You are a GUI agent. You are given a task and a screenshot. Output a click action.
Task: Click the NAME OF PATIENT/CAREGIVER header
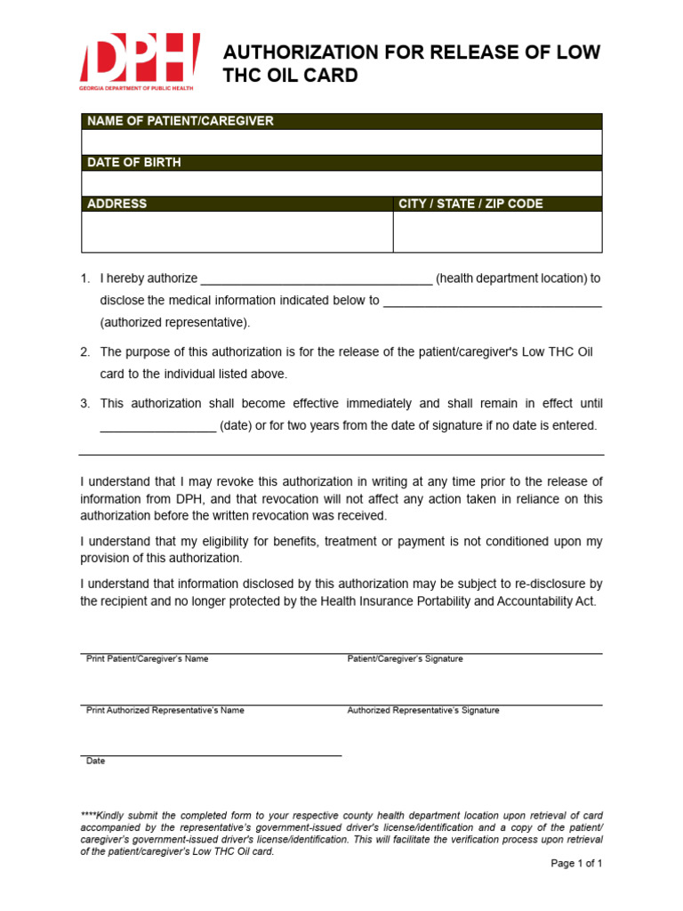tap(181, 121)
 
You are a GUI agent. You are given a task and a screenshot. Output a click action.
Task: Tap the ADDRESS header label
tap(117, 204)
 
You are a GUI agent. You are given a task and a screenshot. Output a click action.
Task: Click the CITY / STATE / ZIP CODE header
tap(470, 204)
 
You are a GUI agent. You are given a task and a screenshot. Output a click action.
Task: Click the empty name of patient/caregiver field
tap(341, 142)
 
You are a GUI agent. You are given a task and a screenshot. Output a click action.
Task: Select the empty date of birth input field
tap(341, 183)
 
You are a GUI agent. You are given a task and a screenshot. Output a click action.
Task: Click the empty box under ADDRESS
tap(237, 231)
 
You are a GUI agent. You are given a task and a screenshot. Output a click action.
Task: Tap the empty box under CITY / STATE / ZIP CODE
tap(497, 231)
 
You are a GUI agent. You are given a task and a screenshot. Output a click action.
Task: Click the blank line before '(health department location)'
tap(317, 279)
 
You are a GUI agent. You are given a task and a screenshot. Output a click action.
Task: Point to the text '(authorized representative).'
tap(175, 322)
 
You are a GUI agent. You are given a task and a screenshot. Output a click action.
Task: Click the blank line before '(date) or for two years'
tap(157, 426)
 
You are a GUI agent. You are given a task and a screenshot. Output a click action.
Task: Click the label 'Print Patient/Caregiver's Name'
tap(147, 659)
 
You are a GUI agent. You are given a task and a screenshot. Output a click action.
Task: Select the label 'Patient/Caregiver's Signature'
tap(405, 659)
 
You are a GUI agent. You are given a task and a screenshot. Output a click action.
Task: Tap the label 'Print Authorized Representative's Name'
tap(165, 711)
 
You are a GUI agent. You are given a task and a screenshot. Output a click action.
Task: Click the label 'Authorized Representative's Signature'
tap(423, 711)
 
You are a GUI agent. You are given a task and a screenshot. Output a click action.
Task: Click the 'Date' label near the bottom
tap(95, 762)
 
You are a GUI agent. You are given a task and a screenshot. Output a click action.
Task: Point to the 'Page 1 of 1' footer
tap(576, 864)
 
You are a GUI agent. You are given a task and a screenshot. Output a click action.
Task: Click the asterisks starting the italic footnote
tap(88, 815)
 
